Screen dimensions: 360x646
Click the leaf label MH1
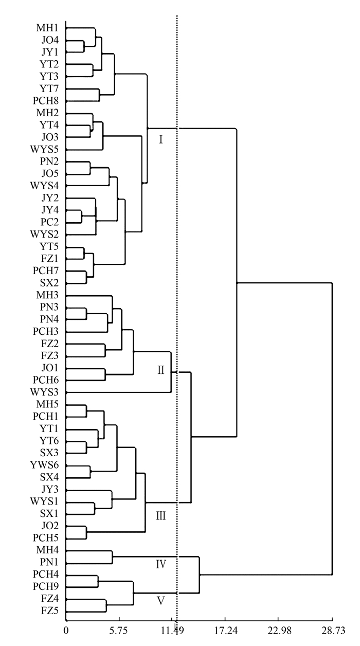[x=47, y=28]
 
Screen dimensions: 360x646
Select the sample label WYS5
[x=44, y=149]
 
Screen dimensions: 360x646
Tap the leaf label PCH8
[x=46, y=101]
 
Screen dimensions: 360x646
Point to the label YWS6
[x=44, y=465]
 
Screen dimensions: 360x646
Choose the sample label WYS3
[x=44, y=392]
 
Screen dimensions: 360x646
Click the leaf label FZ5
[x=50, y=610]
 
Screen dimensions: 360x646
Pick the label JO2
[x=50, y=526]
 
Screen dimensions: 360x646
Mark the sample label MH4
[x=47, y=550]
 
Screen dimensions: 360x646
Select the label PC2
[x=50, y=222]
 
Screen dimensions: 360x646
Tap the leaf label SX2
[x=49, y=283]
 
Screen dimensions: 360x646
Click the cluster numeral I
[x=160, y=139]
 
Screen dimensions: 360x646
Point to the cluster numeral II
[x=161, y=370]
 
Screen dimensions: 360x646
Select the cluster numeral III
[x=160, y=516]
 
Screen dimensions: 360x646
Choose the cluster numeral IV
[x=161, y=564]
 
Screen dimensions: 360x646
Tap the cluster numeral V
[x=160, y=600]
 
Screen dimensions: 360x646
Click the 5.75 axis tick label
[x=119, y=631]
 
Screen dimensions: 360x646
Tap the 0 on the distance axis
[x=66, y=631]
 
